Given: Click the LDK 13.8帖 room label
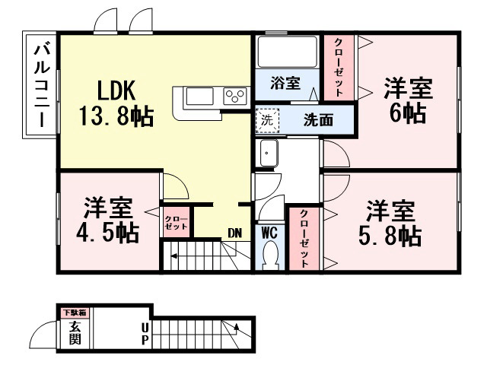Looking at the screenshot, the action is tap(116, 103).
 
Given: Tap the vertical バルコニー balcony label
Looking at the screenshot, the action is tap(42, 86).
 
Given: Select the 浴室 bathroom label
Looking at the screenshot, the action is tap(285, 83).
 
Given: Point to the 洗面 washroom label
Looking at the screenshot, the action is tap(318, 120).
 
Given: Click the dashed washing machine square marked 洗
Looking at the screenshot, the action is tap(267, 121).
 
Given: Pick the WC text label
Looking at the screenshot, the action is tap(269, 233).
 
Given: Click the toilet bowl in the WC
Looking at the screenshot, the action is tap(269, 255).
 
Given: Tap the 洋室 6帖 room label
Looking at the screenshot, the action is tap(408, 100).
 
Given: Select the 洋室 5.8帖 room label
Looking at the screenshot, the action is tap(390, 223).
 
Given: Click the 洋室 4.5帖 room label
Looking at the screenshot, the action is tap(108, 220).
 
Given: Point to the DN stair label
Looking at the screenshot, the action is tap(235, 233).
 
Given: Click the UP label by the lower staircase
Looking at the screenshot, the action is tap(145, 335).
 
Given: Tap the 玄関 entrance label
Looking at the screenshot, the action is tap(75, 333).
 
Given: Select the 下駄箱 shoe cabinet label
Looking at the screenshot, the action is tap(75, 313).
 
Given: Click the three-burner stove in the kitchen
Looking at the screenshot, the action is tap(235, 96).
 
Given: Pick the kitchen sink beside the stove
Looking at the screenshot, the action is tap(199, 97).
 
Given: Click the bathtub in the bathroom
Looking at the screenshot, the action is tap(288, 52).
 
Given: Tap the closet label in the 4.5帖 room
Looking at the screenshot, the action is tap(176, 223).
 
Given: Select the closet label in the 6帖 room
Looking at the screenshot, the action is tap(339, 67).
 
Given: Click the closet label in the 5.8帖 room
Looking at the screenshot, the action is tap(304, 239).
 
